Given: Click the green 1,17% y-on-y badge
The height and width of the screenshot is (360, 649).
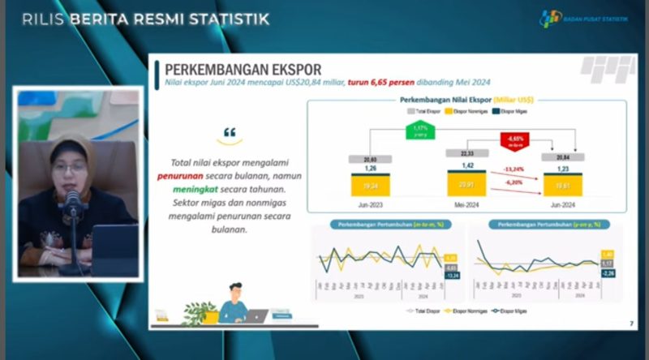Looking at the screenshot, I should [419, 131].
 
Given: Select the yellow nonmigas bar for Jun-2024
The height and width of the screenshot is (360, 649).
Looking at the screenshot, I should [562, 186].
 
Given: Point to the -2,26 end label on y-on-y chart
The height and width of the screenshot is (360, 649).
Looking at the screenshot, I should [607, 272].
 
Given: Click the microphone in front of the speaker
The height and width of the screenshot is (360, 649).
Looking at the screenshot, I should [72, 203].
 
